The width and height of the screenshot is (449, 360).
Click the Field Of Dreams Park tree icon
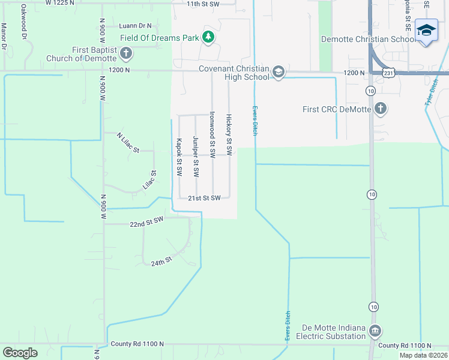(208, 38)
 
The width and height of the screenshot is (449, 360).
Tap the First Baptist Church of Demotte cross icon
(126, 54)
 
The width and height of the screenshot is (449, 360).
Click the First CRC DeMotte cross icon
(380, 109)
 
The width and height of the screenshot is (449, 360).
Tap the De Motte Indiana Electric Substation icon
(375, 331)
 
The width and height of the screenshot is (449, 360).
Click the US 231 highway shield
(389, 72)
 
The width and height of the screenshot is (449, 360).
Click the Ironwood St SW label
(212, 130)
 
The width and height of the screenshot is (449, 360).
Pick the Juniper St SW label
(196, 157)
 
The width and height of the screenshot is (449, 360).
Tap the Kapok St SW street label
(179, 157)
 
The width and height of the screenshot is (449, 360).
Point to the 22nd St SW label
(146, 223)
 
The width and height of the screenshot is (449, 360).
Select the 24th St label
(161, 262)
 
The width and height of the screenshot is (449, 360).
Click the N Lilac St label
(128, 143)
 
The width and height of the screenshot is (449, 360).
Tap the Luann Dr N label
(136, 26)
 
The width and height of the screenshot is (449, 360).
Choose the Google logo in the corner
(20, 353)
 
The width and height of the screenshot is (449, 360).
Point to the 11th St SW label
(204, 4)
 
